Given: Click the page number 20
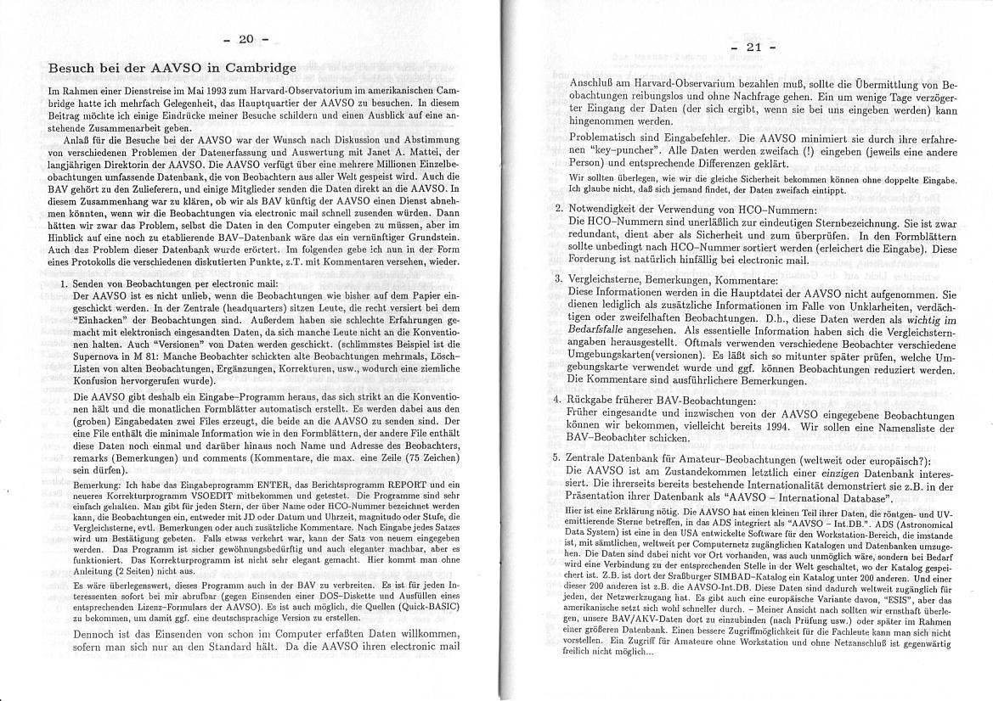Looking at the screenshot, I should pyautogui.click(x=246, y=39).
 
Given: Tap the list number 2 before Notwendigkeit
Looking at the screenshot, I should pyautogui.click(x=558, y=208).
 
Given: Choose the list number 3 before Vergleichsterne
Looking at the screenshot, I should pyautogui.click(x=558, y=278).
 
